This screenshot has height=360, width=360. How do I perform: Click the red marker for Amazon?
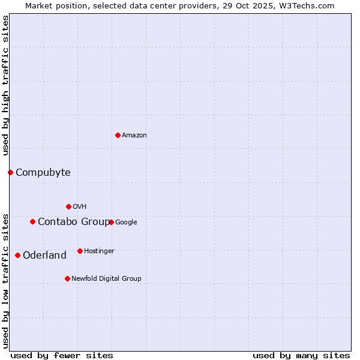click(x=118, y=135)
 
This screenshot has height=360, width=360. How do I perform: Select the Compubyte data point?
click(x=10, y=173)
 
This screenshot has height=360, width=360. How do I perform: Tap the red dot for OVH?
click(x=68, y=206)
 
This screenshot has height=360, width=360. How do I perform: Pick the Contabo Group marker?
click(x=32, y=222)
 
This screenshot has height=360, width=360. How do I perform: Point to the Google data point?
click(x=111, y=222)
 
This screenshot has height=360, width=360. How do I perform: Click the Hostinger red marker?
click(x=80, y=251)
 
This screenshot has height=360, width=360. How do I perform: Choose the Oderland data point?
click(x=17, y=256)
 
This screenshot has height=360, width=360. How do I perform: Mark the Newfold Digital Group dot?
click(x=67, y=278)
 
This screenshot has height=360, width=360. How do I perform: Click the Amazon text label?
click(x=134, y=136)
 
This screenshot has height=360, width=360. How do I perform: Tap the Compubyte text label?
click(x=43, y=173)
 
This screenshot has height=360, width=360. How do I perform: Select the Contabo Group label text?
click(x=74, y=222)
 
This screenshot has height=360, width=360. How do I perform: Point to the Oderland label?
click(x=44, y=256)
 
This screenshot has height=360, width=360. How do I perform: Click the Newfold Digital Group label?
click(x=106, y=278)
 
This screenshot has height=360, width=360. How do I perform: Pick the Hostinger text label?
click(x=99, y=251)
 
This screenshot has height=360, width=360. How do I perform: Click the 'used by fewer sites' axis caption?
click(x=62, y=355)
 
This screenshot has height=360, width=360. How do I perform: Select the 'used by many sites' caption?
click(x=301, y=355)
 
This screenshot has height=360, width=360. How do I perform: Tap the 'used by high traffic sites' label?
click(x=5, y=85)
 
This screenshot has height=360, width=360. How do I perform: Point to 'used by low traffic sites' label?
click(x=5, y=281)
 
